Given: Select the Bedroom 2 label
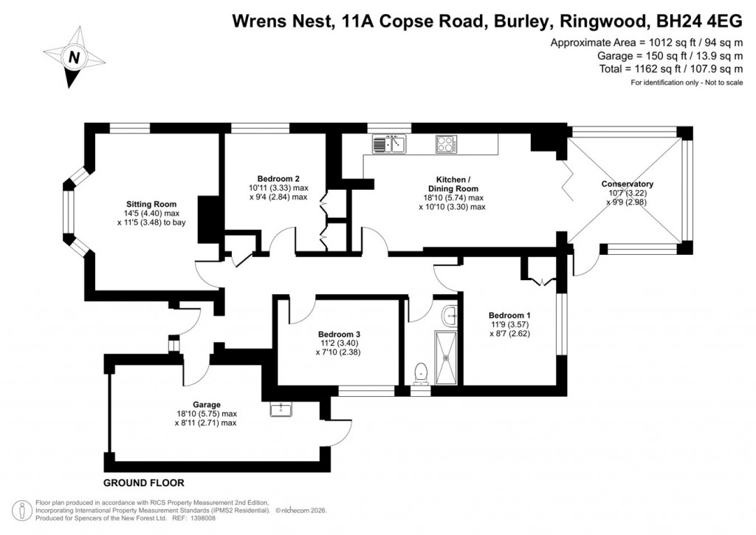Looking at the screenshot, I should [278, 178].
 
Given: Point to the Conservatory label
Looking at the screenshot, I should [628, 184].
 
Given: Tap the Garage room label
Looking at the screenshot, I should [207, 404].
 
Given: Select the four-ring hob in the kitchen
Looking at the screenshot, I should [446, 143].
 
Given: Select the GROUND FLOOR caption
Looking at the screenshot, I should [143, 483].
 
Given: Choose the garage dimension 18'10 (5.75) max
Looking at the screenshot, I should [207, 414].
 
